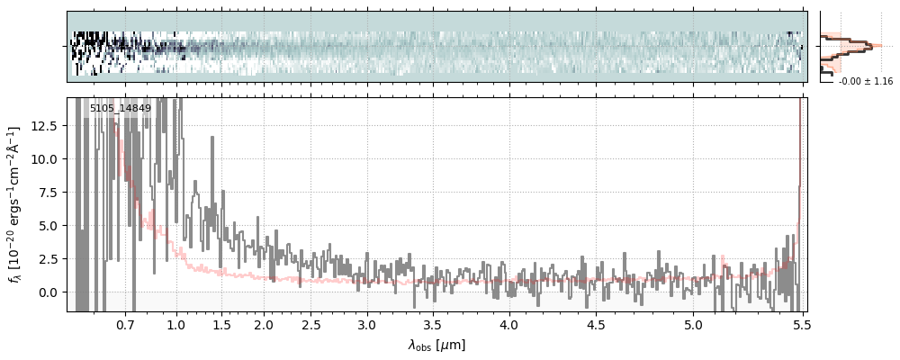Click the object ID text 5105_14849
click(x=120, y=109)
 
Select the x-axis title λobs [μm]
click(x=436, y=344)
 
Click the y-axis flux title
click(x=15, y=205)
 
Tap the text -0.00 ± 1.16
click(x=865, y=81)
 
